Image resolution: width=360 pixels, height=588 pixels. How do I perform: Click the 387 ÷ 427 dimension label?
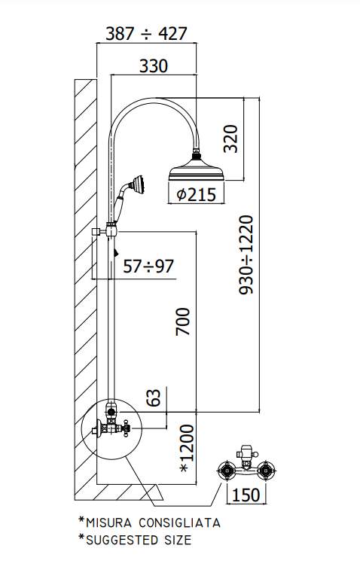(146, 34)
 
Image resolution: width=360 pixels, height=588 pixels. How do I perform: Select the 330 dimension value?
(154, 66)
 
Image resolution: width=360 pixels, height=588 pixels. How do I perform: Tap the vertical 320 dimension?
(230, 139)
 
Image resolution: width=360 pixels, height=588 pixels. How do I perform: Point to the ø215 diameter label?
(196, 195)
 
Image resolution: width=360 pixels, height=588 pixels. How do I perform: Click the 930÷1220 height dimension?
(246, 254)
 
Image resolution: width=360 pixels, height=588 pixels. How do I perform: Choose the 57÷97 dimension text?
(148, 267)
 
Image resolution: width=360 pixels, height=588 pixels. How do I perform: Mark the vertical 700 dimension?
(183, 321)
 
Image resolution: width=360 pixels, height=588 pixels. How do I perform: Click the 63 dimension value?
(154, 398)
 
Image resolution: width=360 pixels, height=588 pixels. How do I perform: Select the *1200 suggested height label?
(187, 448)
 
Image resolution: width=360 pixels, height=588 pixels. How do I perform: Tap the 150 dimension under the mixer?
(246, 495)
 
